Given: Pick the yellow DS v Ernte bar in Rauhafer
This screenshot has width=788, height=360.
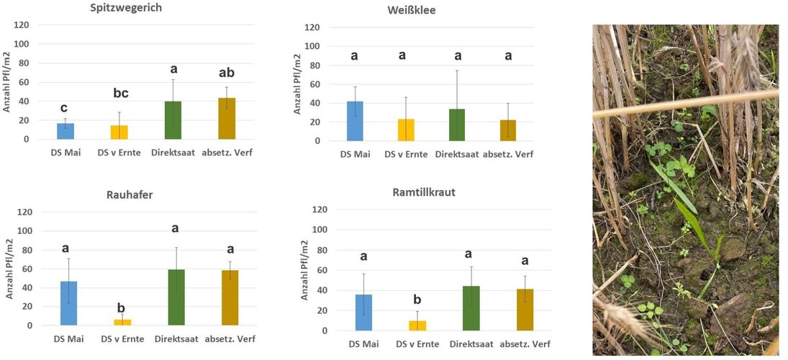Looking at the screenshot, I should point(122,323).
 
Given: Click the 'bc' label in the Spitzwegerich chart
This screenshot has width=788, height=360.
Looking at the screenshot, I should point(120,94).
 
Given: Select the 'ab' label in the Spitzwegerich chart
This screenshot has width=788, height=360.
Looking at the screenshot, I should point(227,73).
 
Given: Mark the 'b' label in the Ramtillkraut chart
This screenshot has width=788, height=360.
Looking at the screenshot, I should point(417,300).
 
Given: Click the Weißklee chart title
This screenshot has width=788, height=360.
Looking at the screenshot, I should point(411,10).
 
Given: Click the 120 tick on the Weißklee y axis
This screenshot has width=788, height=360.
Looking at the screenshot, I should point(311,27).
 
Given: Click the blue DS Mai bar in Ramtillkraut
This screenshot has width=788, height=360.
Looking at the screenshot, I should point(363,312).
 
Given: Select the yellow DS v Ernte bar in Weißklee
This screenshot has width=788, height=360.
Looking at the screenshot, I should point(407,130).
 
